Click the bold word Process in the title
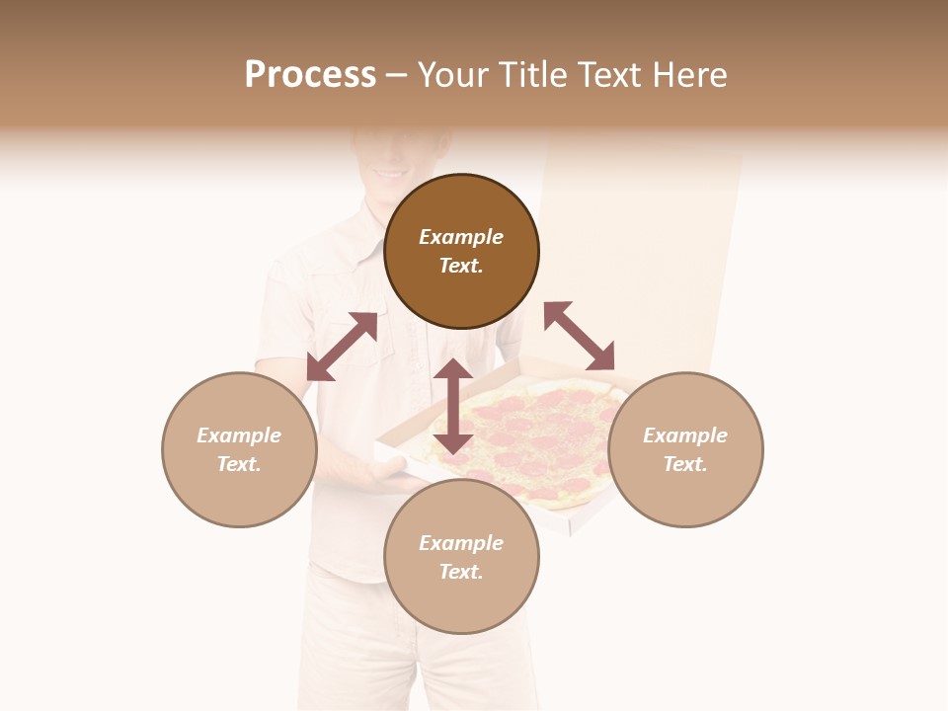310,75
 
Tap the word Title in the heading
527,75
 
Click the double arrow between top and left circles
342,346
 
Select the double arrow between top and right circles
580,336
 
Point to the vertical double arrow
453,406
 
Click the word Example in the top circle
461,237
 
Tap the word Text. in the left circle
239,464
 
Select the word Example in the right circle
685,435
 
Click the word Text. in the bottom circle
461,572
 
